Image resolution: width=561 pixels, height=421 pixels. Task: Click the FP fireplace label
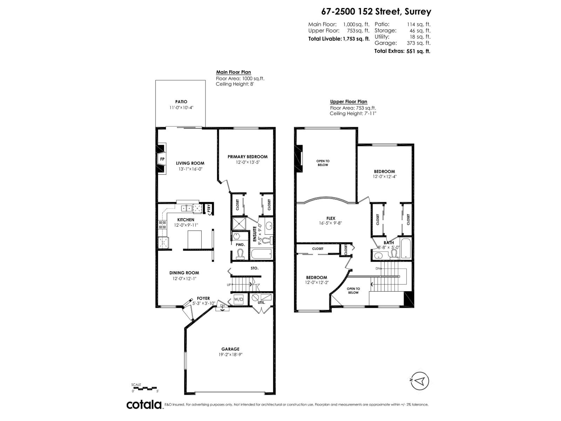(162, 159)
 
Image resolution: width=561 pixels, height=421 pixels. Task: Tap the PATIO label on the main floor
(181, 102)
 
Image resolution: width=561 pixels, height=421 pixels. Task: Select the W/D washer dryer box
(238, 299)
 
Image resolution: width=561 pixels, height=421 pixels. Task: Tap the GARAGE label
(230, 349)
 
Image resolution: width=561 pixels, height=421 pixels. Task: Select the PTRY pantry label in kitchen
(209, 209)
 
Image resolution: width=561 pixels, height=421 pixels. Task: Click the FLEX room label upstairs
(331, 218)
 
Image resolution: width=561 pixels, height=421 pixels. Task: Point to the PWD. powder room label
(240, 245)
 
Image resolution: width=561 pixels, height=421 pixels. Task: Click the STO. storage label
(255, 268)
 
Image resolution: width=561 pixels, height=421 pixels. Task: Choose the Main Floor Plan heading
(233, 72)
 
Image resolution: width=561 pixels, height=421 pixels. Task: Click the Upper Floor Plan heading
(348, 102)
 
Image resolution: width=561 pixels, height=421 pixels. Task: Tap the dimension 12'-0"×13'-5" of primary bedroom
(247, 162)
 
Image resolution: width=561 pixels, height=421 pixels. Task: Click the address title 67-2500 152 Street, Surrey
(376, 12)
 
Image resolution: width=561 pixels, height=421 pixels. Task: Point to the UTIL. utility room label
(261, 302)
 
